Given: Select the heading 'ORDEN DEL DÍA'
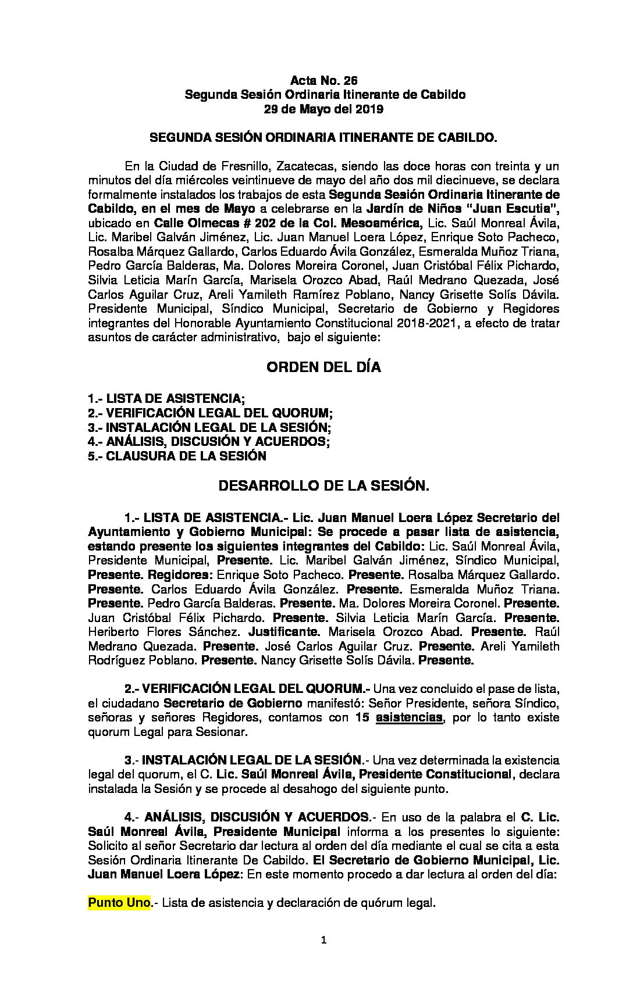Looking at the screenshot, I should pyautogui.click(x=323, y=367).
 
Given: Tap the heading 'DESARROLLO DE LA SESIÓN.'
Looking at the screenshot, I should pyautogui.click(x=323, y=486).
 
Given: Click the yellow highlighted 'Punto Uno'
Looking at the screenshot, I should pyautogui.click(x=119, y=903).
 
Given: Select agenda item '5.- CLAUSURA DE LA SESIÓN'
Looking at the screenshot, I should pyautogui.click(x=177, y=456).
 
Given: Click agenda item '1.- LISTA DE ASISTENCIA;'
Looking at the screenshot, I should pyautogui.click(x=166, y=399).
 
